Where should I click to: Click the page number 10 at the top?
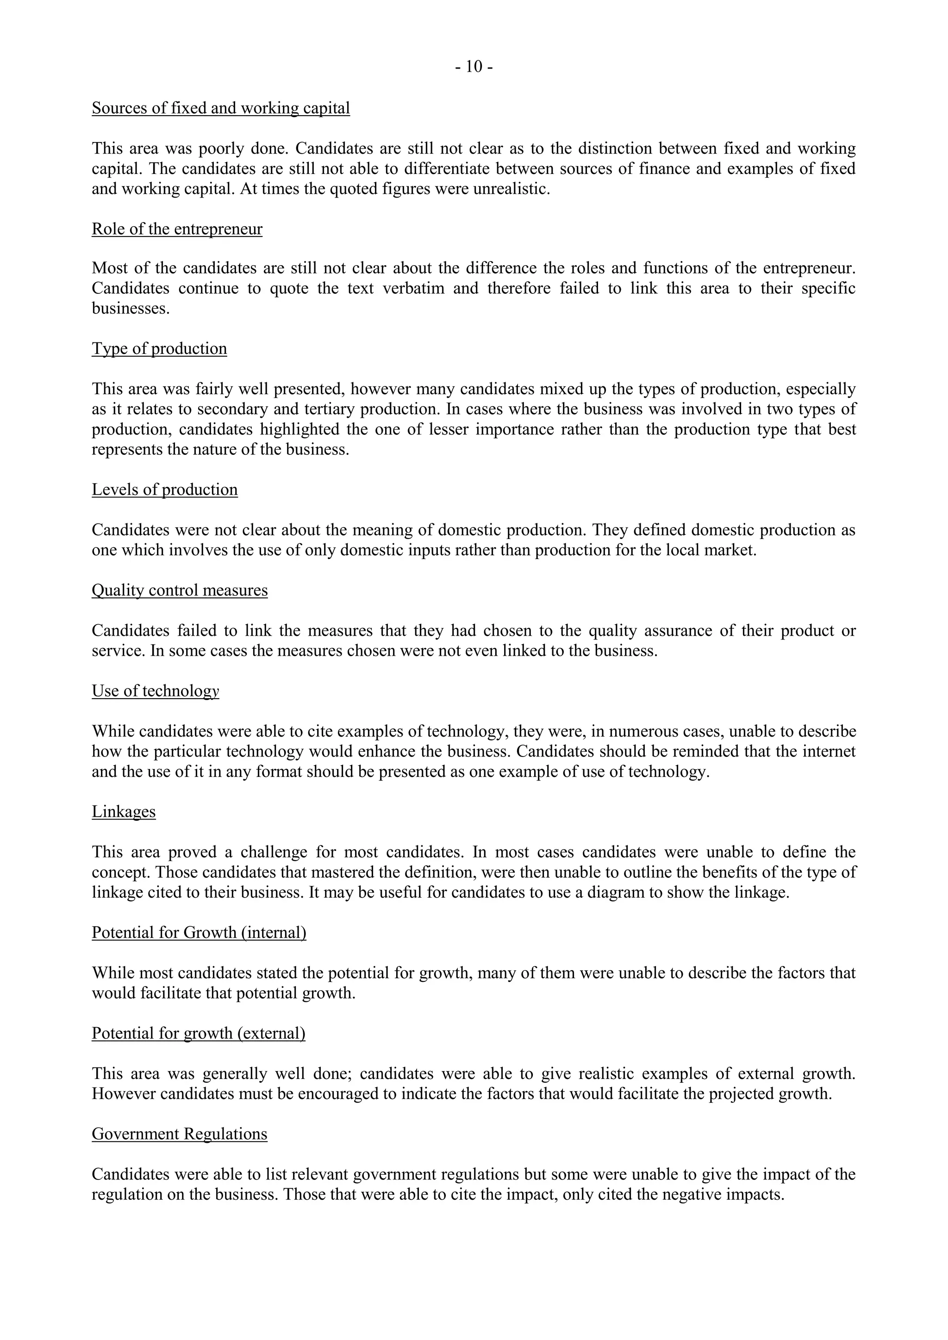tap(474, 67)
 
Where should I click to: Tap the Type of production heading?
tap(159, 348)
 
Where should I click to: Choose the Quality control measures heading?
tap(180, 590)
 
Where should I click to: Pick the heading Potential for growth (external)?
tap(199, 1033)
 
